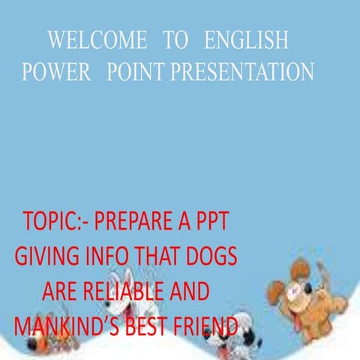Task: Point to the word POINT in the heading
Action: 136,71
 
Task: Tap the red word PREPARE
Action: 142,223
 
